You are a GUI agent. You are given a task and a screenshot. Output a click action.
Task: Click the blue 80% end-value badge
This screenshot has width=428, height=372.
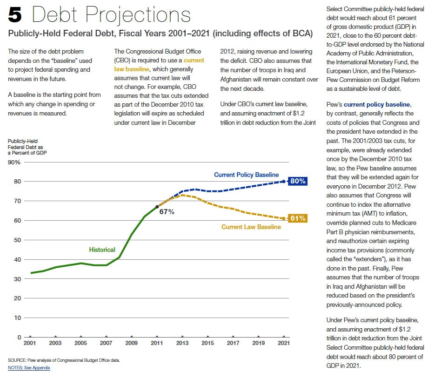(297, 181)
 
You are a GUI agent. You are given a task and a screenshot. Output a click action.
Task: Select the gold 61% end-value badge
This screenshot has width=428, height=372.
(297, 218)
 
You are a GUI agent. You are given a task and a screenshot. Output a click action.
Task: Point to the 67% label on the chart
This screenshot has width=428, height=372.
(167, 212)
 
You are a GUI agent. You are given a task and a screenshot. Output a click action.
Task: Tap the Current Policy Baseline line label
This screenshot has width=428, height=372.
(246, 175)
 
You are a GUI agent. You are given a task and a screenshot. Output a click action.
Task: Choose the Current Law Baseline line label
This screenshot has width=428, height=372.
(251, 227)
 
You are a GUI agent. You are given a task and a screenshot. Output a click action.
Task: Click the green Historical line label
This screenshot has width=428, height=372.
(102, 250)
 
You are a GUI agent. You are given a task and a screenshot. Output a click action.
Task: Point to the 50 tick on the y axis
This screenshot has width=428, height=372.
(17, 239)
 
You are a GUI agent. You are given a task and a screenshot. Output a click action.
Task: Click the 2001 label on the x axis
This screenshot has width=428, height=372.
(30, 343)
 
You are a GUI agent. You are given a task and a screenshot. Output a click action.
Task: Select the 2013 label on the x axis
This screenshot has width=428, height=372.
(182, 343)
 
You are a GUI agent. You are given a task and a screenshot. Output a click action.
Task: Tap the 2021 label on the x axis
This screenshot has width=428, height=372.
(283, 343)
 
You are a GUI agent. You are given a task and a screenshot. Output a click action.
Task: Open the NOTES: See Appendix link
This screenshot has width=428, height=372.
(29, 368)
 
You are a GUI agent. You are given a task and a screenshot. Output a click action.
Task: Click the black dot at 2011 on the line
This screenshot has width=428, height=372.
(157, 206)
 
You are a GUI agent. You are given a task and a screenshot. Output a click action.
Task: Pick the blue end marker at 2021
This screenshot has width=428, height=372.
(283, 181)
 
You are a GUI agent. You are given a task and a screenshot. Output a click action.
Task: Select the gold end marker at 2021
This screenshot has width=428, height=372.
(283, 218)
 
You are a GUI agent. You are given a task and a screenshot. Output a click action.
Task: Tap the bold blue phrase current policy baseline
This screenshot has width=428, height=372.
(377, 104)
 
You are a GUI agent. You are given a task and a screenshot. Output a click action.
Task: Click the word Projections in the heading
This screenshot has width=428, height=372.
(138, 15)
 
